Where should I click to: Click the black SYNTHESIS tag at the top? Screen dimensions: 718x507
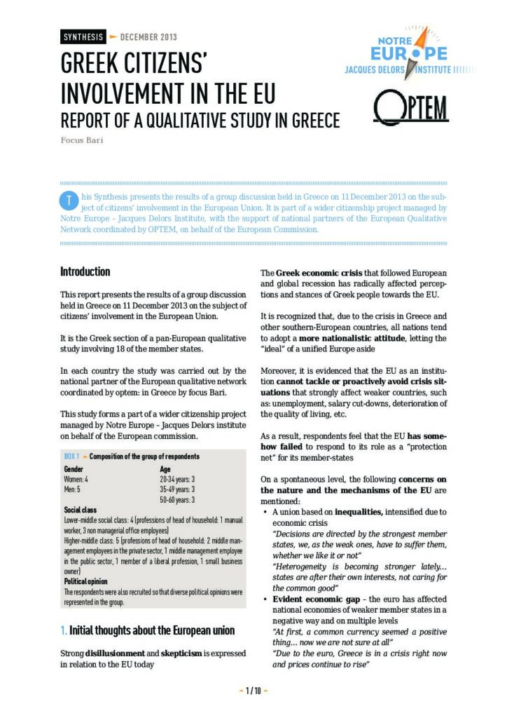click(83, 37)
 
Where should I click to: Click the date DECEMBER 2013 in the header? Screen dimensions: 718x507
click(148, 37)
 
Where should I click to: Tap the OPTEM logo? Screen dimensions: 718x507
click(410, 108)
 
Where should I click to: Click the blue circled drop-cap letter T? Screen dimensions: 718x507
click(69, 201)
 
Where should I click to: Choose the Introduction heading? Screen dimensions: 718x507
click(85, 272)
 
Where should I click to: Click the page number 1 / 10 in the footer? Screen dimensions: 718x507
click(253, 691)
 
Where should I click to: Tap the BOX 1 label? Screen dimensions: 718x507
click(71, 456)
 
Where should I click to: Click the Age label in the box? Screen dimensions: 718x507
click(165, 468)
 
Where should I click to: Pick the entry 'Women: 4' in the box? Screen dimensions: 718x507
click(76, 479)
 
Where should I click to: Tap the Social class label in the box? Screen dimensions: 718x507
click(80, 510)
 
